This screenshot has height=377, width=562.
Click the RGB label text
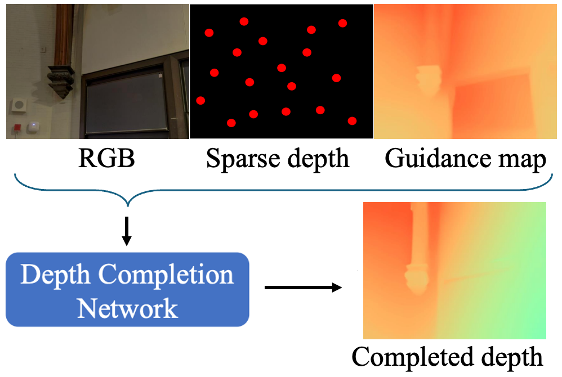pos(106,159)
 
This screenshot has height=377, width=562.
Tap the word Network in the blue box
pos(127,308)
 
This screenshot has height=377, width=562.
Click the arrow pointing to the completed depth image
pos(302,288)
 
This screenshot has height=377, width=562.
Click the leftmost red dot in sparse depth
pos(200,101)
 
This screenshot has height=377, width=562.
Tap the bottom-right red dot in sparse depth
pos(353,121)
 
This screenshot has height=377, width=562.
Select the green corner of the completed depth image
pos(538,329)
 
